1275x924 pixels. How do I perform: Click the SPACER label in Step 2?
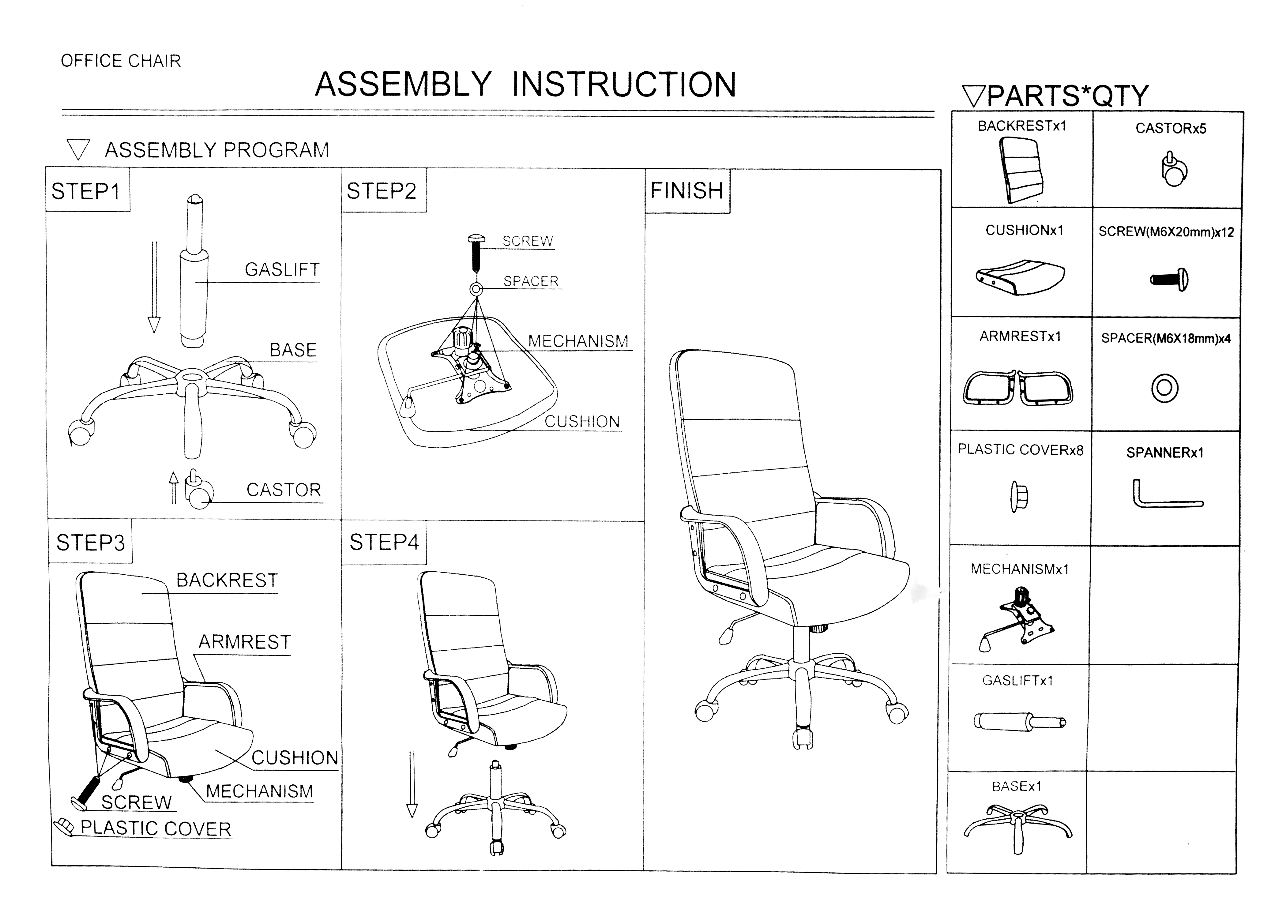(x=531, y=281)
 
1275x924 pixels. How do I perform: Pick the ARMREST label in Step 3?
(x=245, y=642)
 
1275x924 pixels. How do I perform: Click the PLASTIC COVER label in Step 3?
(x=156, y=828)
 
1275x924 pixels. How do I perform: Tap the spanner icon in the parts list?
(x=1167, y=494)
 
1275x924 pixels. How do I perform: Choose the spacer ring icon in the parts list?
(x=1164, y=388)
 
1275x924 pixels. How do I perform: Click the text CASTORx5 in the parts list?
(x=1171, y=129)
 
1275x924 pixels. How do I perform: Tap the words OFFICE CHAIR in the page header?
(x=121, y=61)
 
